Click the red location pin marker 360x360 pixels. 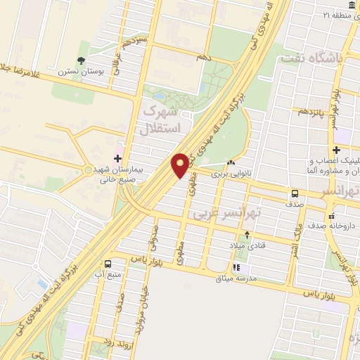[181, 165]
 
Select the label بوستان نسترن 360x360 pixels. [86, 71]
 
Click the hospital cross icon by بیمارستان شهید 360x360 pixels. [117, 158]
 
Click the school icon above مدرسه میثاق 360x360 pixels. [236, 267]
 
